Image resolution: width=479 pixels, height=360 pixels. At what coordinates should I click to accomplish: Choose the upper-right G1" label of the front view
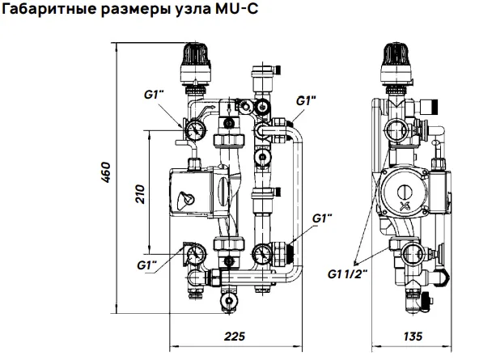306,101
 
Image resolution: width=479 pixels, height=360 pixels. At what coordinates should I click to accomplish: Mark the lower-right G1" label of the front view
322,219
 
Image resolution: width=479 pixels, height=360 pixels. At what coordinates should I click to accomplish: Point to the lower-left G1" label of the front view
146,265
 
